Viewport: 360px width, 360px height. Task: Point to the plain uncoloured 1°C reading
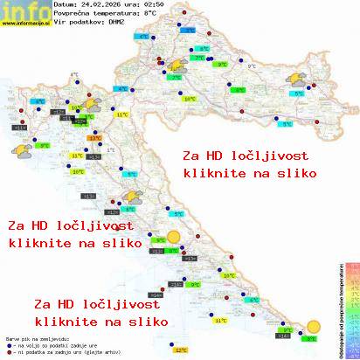(74, 76)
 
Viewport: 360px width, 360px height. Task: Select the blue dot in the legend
(8, 343)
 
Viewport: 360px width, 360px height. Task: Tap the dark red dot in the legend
(8, 350)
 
